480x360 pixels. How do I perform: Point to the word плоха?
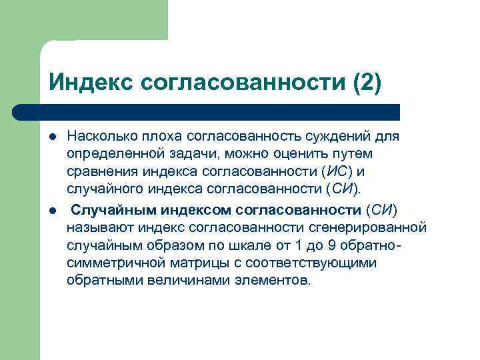coord(158,137)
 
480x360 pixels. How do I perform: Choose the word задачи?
coord(187,154)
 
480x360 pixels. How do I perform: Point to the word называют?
coord(99,228)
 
